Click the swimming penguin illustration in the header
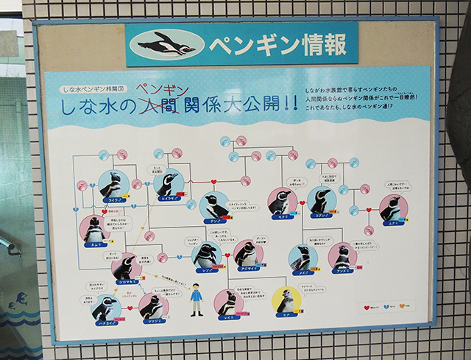point(166,45)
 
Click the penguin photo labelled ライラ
point(113,185)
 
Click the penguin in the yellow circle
point(286,300)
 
